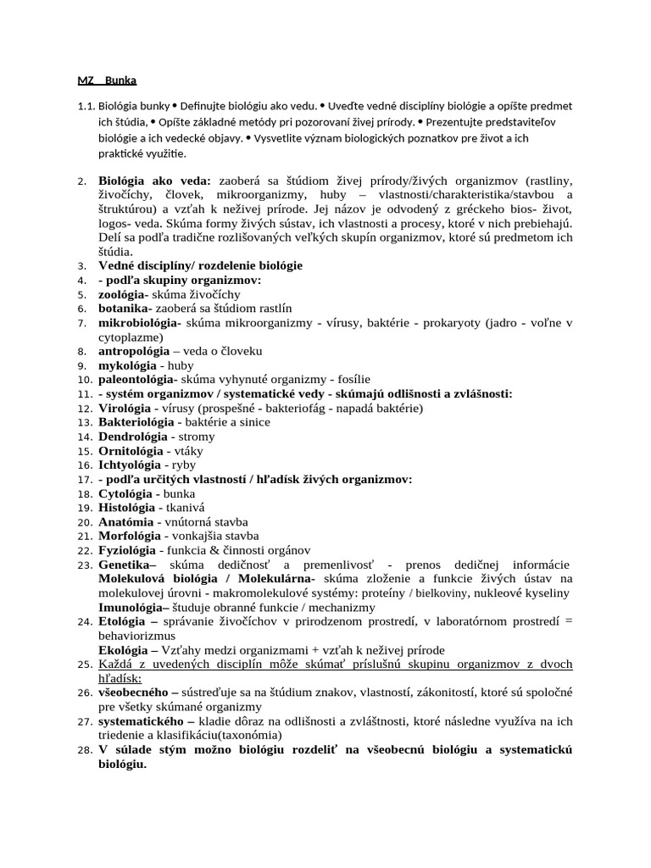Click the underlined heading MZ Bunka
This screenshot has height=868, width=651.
click(x=107, y=81)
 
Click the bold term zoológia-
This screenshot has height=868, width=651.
click(x=124, y=293)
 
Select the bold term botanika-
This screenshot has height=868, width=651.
click(x=125, y=308)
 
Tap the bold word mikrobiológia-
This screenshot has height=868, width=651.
click(x=140, y=322)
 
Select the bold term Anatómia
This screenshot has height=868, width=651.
click(x=126, y=522)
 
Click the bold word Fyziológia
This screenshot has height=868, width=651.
click(x=128, y=550)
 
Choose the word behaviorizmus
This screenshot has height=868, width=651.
click(x=136, y=636)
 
